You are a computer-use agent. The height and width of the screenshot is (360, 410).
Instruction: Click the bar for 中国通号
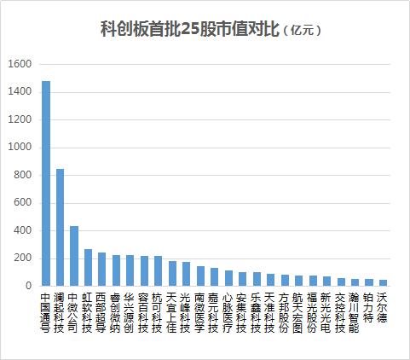click(x=46, y=183)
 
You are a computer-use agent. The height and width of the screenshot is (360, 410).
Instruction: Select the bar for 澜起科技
click(x=60, y=227)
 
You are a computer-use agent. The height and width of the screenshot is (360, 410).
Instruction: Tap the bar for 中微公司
click(x=74, y=256)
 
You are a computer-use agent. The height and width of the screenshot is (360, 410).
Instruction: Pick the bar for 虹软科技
click(x=88, y=267)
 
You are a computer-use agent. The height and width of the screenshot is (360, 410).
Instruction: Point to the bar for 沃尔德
click(x=383, y=282)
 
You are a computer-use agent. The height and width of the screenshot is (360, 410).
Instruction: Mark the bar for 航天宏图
click(x=299, y=281)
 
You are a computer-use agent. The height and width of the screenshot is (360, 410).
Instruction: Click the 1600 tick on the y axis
click(x=20, y=64)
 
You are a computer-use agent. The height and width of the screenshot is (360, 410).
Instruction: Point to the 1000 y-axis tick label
click(x=20, y=148)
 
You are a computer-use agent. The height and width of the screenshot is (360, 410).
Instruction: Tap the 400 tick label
click(x=22, y=230)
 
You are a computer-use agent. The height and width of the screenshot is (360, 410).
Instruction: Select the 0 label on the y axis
click(x=28, y=286)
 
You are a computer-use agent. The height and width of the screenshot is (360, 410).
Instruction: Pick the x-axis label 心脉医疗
click(x=228, y=313)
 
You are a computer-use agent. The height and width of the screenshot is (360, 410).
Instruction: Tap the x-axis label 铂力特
click(x=369, y=308)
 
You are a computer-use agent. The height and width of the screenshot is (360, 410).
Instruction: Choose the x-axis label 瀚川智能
click(x=355, y=313)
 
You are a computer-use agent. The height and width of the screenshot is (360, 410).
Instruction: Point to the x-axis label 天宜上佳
click(x=172, y=313)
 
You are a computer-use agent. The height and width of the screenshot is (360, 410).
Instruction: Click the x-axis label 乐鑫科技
click(x=257, y=313)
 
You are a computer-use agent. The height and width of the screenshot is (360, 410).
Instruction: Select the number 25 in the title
click(x=190, y=29)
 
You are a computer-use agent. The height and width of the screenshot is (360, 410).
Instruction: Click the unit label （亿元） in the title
click(x=302, y=30)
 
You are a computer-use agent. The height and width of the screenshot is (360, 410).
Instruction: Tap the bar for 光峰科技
click(x=187, y=274)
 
